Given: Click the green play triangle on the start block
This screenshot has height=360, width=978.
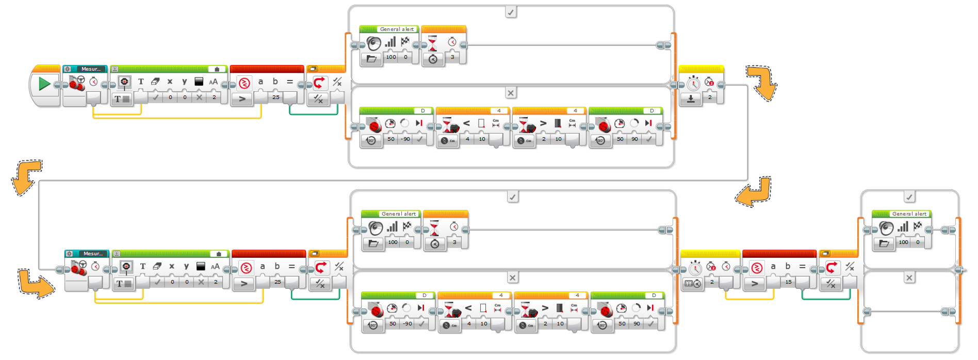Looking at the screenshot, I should click(x=44, y=84).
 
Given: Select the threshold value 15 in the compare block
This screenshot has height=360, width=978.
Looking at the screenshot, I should click(x=788, y=282).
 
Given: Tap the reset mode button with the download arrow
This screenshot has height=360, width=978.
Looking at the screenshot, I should click(x=691, y=99).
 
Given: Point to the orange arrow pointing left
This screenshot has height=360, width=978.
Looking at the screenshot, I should click(x=753, y=192).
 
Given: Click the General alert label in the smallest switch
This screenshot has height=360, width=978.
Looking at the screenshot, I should click(x=909, y=214).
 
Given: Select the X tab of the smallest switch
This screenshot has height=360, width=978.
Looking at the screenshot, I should click(x=909, y=277).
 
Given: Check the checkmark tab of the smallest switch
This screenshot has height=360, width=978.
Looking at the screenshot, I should click(x=909, y=197).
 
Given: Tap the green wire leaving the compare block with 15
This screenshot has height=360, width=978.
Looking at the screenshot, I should click(x=825, y=299).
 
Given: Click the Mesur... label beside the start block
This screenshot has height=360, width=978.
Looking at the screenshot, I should click(x=91, y=69).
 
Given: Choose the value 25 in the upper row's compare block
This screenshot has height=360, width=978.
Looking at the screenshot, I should click(x=276, y=97).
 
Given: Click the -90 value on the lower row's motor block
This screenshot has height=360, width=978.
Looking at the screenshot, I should click(x=407, y=323).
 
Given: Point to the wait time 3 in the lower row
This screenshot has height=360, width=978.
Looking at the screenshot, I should click(x=454, y=242).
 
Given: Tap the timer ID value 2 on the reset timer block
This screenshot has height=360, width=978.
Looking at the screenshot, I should click(x=710, y=97).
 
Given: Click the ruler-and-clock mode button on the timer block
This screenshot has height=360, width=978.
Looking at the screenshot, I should click(x=692, y=283).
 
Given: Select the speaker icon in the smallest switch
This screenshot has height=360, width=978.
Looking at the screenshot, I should click(x=886, y=228).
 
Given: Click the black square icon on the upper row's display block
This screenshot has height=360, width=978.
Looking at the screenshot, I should click(x=199, y=81).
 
